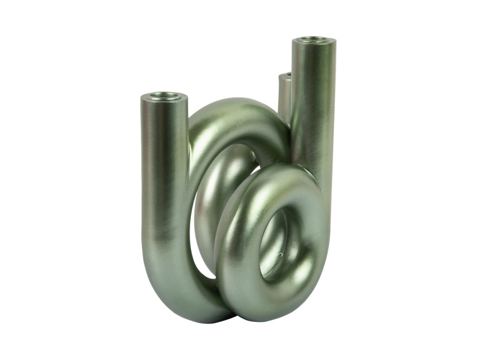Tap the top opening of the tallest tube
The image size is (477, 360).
pyautogui.click(x=314, y=40)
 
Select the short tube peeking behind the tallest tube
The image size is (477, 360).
pyautogui.click(x=284, y=95)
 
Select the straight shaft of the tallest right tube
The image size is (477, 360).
pyautogui.click(x=313, y=107)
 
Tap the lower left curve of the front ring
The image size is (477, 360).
pyautogui.click(x=230, y=280)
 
